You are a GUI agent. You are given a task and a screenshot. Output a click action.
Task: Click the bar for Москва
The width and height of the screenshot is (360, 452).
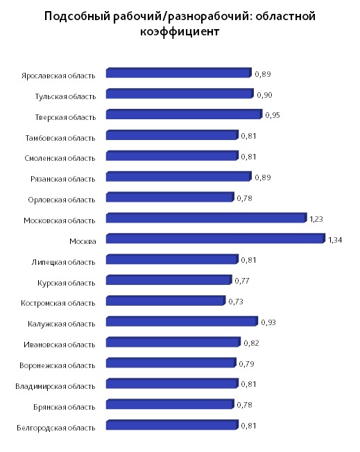pyautogui.click(x=216, y=238)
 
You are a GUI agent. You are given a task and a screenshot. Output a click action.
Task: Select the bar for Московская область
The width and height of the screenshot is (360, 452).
pyautogui.click(x=206, y=218)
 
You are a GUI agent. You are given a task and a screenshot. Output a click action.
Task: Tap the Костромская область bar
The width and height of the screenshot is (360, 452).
pyautogui.click(x=166, y=301)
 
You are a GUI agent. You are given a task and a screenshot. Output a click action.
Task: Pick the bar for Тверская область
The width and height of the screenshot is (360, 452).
pyautogui.click(x=184, y=114)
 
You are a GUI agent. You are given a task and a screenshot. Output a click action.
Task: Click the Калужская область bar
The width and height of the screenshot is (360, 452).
pyautogui.click(x=182, y=322)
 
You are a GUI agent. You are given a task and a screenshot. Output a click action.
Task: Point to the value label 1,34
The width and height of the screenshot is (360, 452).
pyautogui.click(x=335, y=240)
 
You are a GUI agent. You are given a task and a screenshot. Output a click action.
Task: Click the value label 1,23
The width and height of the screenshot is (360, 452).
pyautogui.click(x=316, y=219)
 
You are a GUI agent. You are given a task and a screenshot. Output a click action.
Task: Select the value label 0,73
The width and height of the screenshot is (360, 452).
pyautogui.click(x=236, y=302)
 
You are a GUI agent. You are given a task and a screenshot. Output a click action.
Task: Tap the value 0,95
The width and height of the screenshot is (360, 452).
pyautogui.click(x=273, y=115)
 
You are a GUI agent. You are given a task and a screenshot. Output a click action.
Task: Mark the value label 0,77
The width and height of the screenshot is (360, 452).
pyautogui.click(x=241, y=281)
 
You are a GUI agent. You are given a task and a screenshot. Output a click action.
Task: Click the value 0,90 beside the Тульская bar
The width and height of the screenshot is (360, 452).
pyautogui.click(x=264, y=95)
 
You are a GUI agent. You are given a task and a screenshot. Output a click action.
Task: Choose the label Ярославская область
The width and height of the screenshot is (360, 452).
pyautogui.click(x=58, y=76)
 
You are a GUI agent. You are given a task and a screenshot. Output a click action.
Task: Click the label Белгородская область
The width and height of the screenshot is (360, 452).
pyautogui.click(x=56, y=428)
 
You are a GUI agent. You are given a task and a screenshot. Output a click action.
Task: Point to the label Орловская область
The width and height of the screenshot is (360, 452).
pyautogui.click(x=62, y=200)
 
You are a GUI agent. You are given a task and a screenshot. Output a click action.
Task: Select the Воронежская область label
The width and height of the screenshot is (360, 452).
pyautogui.click(x=58, y=365)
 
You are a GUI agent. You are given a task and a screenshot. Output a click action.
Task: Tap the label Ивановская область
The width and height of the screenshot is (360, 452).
pyautogui.click(x=60, y=345)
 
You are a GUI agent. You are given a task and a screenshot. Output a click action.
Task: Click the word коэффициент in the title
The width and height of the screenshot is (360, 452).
pyautogui.click(x=180, y=31)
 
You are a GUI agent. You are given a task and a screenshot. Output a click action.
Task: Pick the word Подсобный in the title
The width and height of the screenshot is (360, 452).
pyautogui.click(x=77, y=16)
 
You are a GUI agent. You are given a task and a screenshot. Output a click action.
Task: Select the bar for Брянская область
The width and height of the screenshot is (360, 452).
pyautogui.click(x=170, y=404)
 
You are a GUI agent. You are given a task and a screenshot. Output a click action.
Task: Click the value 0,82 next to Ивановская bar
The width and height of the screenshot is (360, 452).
pyautogui.click(x=251, y=343)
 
